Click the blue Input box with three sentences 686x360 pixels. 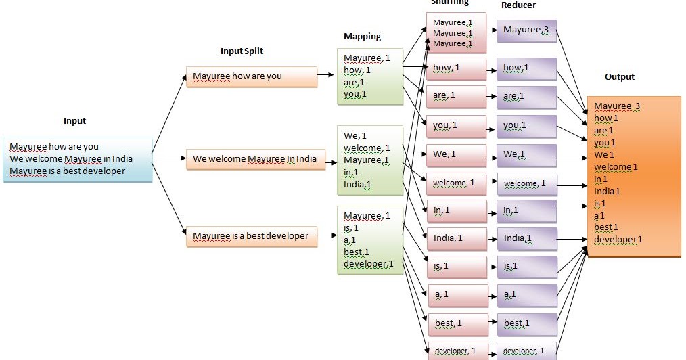point(77,159)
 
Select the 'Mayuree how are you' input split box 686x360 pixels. point(251,76)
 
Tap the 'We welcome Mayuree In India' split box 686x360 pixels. point(251,160)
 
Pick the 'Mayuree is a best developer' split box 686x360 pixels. point(251,236)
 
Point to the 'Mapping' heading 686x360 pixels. point(362,37)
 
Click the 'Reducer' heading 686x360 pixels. point(520,5)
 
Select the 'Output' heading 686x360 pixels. point(619,77)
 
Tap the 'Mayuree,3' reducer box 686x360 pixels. point(526,30)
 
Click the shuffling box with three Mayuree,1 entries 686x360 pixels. point(456,32)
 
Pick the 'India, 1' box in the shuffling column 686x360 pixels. point(456,238)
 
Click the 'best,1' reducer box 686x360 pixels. point(526,324)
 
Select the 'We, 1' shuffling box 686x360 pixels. point(456,154)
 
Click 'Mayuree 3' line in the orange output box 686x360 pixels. point(616,106)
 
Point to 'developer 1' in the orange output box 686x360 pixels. point(618,239)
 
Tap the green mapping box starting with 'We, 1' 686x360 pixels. point(369,160)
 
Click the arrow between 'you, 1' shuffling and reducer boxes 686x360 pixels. point(492,126)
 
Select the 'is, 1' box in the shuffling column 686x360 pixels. point(456,267)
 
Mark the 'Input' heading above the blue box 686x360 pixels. point(74,121)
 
